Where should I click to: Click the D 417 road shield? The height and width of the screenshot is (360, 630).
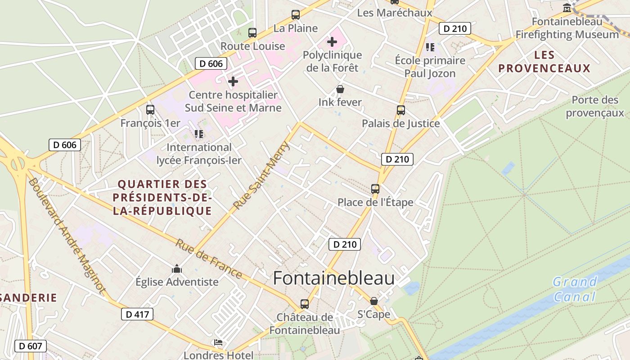pyautogui.click(x=137, y=314)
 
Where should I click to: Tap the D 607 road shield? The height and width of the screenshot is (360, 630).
pyautogui.click(x=31, y=346)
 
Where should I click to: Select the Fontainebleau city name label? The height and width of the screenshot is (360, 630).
pyautogui.click(x=333, y=278)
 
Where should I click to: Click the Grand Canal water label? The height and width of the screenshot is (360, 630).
pyautogui.click(x=575, y=289)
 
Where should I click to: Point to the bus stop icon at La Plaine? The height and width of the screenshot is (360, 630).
pyautogui.click(x=296, y=15)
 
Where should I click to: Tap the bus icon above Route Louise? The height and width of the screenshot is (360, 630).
pyautogui.click(x=252, y=33)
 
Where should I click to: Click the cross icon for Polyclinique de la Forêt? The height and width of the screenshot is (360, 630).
pyautogui.click(x=332, y=42)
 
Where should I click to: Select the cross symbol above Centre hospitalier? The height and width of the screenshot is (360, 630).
pyautogui.click(x=233, y=81)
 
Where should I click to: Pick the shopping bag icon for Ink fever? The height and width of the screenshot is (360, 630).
pyautogui.click(x=340, y=89)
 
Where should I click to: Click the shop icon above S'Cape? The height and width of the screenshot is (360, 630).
pyautogui.click(x=374, y=301)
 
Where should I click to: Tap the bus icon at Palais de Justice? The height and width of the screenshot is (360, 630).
pyautogui.click(x=400, y=110)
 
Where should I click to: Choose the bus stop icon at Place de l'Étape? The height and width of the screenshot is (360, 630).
pyautogui.click(x=375, y=189)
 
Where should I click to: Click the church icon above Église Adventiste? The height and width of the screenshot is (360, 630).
pyautogui.click(x=177, y=269)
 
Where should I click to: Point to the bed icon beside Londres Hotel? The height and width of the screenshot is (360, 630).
pyautogui.click(x=218, y=342)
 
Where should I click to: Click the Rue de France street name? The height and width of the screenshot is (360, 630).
pyautogui.click(x=208, y=258)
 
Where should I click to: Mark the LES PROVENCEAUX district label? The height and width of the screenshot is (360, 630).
pyautogui.click(x=544, y=62)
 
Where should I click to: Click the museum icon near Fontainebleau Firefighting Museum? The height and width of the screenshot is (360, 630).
pyautogui.click(x=567, y=8)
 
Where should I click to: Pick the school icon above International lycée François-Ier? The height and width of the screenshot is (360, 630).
pyautogui.click(x=198, y=134)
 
